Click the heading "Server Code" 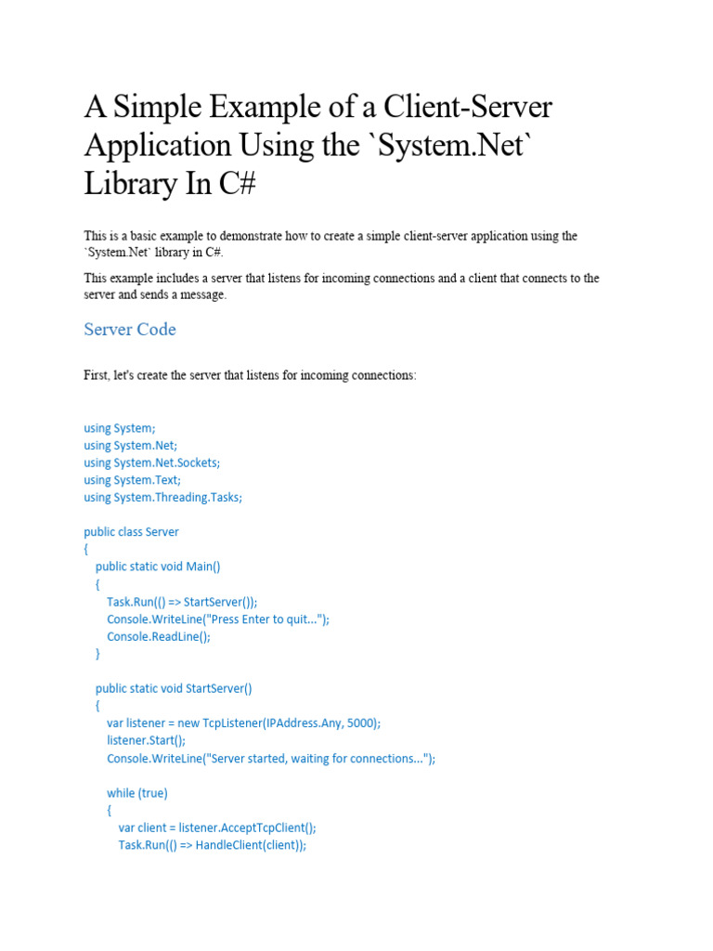tap(130, 330)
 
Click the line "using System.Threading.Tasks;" tap(162, 497)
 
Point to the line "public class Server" tap(131, 532)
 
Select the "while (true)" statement tap(137, 793)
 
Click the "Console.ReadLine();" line tap(159, 636)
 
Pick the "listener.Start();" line tap(147, 740)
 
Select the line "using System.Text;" tap(133, 480)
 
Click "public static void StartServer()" tap(174, 688)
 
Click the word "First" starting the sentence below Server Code tap(97, 375)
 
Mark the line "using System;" tap(120, 428)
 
